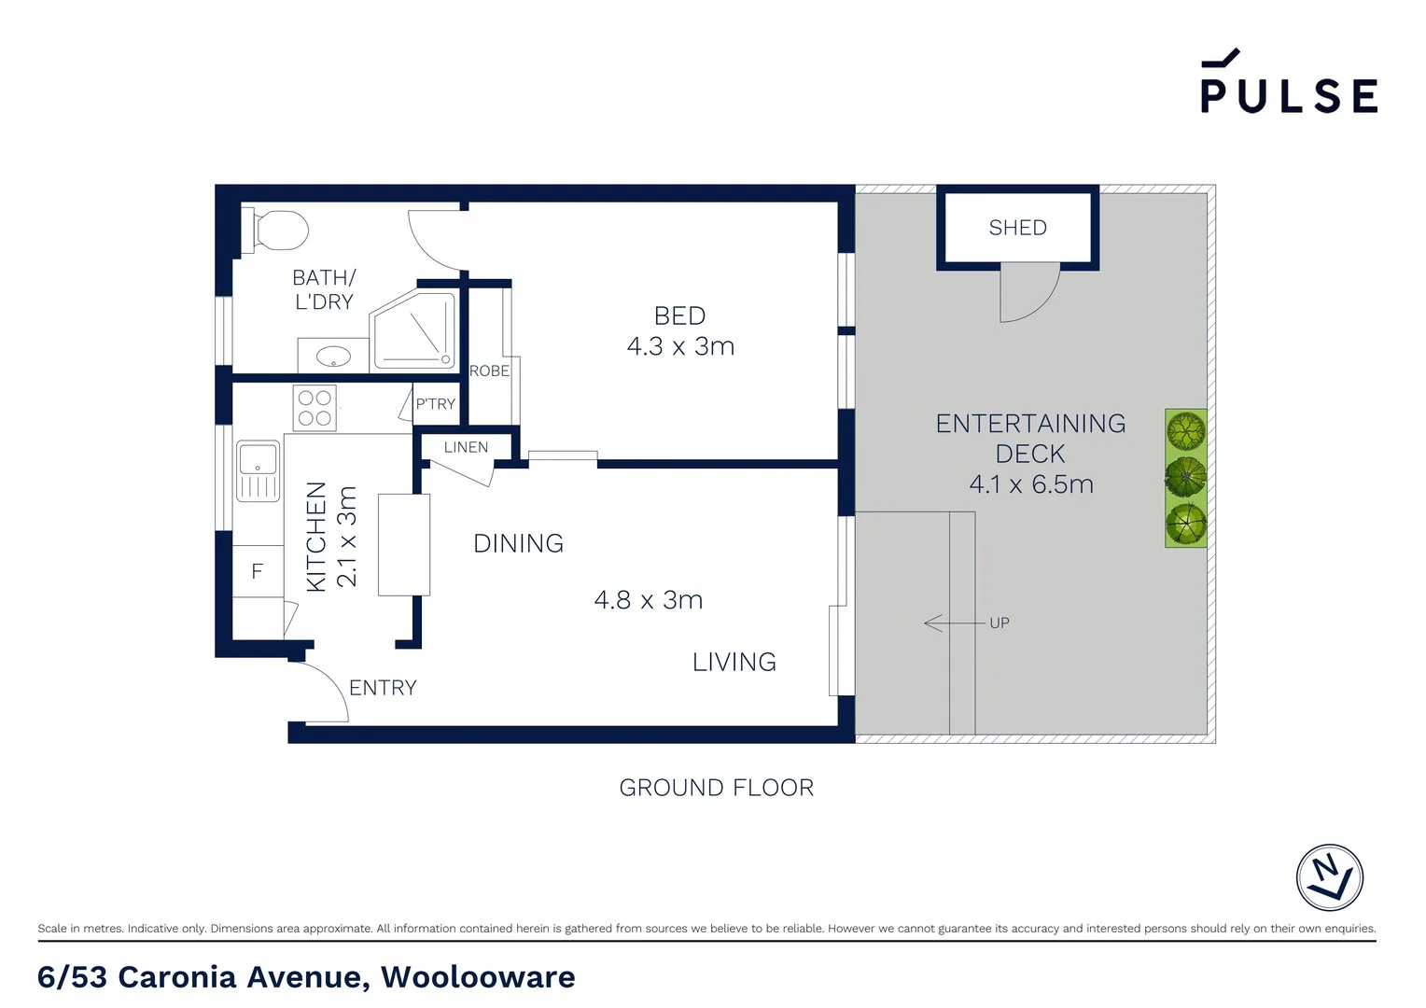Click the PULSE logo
[x=1288, y=84]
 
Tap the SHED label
[x=1017, y=228]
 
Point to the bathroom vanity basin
[x=332, y=357]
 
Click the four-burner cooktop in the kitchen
[x=315, y=409]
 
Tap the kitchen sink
[x=258, y=470]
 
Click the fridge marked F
[x=258, y=571]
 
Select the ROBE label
[x=489, y=371]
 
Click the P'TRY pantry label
[x=435, y=404]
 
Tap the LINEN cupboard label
[x=466, y=448]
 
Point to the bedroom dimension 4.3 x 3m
[x=680, y=346]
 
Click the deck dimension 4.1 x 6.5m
[x=1030, y=484]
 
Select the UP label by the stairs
[x=999, y=623]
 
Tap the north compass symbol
[x=1329, y=877]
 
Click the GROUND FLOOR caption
[x=716, y=788]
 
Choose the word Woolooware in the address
[x=478, y=977]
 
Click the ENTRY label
[x=383, y=688]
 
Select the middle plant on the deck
[x=1185, y=478]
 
